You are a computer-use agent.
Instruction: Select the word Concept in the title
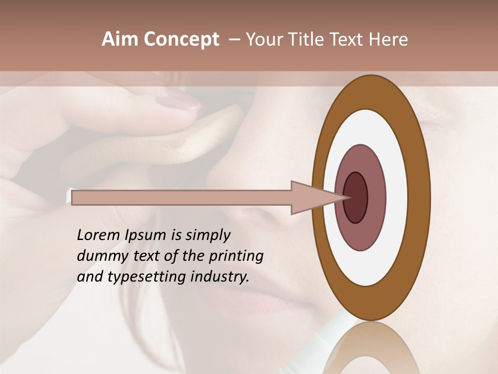(x=181, y=39)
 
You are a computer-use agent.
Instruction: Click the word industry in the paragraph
(x=220, y=277)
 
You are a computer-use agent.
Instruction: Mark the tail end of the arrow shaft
(x=74, y=197)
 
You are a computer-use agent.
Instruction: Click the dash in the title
(x=234, y=39)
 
